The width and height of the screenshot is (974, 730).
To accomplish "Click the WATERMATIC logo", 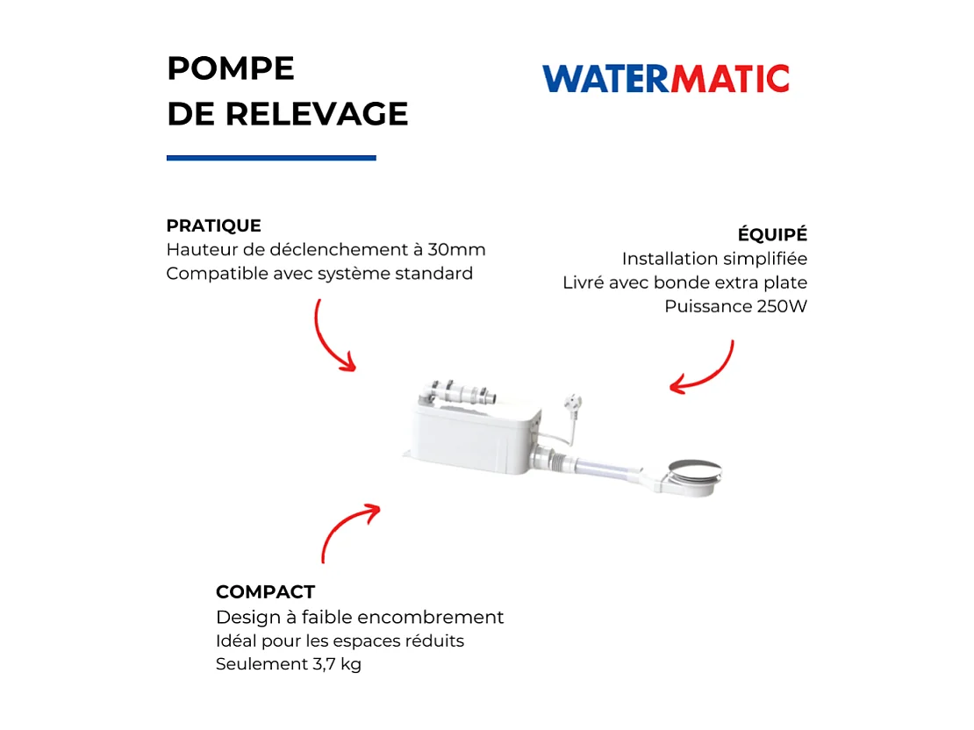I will (x=665, y=78).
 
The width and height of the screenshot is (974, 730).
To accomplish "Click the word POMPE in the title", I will (x=230, y=68).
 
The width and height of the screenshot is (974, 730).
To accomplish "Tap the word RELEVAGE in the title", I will (x=317, y=114).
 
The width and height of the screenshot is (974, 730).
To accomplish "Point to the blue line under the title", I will (x=271, y=158).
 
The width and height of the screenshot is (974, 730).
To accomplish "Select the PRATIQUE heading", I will (x=213, y=225).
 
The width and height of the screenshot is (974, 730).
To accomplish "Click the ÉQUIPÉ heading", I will (x=772, y=235).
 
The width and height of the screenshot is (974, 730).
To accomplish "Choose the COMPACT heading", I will (x=265, y=592).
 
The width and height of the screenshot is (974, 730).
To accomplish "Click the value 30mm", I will (x=456, y=250).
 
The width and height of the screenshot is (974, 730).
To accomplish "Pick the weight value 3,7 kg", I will (x=337, y=664).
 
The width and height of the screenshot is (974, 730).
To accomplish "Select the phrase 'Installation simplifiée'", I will (x=714, y=259).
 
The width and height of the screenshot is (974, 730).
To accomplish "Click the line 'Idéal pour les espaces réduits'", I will (x=340, y=641).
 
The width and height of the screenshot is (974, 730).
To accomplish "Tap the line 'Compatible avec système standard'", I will (x=319, y=274).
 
